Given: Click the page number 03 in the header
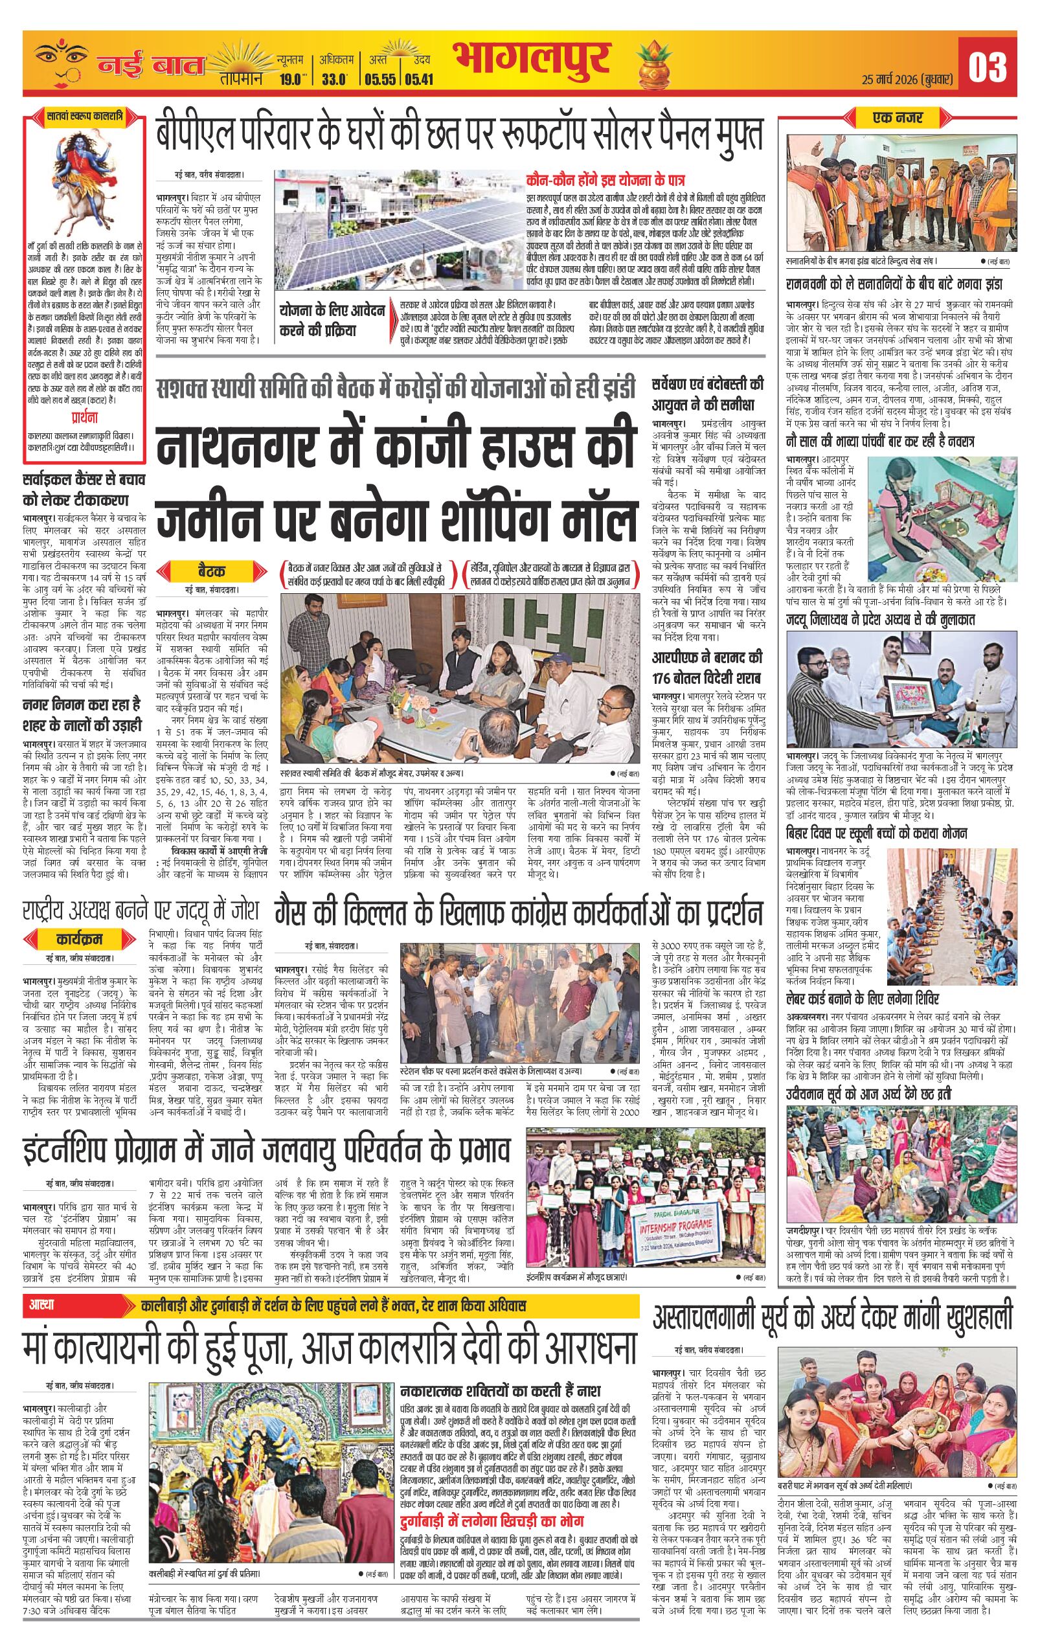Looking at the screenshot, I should [x=987, y=67].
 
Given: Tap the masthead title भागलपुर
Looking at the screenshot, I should [x=530, y=62].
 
